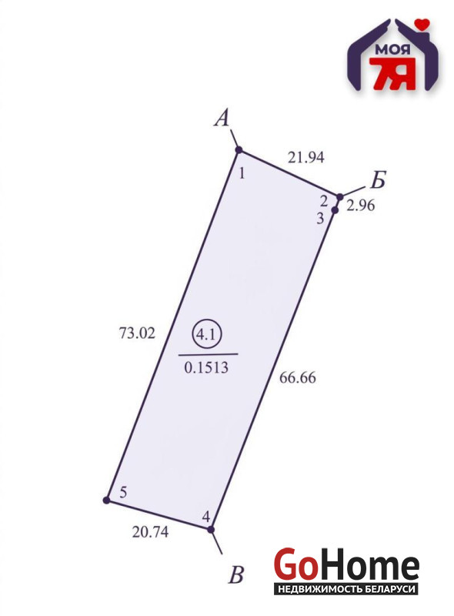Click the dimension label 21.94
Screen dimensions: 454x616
pos(306,157)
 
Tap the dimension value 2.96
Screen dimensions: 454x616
pos(361,205)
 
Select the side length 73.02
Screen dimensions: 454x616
pos(137,333)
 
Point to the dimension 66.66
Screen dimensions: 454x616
pos(297,377)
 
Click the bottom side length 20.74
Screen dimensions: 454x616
pos(150,532)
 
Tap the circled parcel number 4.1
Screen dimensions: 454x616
pos(206,335)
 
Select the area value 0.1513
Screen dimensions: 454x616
pos(206,367)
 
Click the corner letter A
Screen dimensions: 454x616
pos(222,118)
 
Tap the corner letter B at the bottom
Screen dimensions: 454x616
pos(236,574)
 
